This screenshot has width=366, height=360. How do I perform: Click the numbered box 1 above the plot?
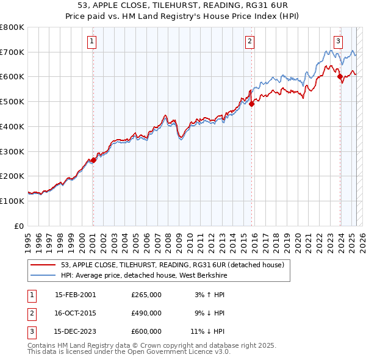[91, 41]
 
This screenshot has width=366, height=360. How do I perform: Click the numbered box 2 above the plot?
[250, 41]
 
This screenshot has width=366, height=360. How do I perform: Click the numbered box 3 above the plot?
[338, 41]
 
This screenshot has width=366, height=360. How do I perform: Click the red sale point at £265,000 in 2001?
[93, 160]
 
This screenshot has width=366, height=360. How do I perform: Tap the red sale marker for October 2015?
[251, 104]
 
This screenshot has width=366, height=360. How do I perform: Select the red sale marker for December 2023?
[340, 76]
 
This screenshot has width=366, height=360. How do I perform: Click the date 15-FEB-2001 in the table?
[75, 294]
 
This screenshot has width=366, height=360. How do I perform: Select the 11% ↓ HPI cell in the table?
[207, 331]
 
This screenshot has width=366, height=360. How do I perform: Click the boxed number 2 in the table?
[30, 313]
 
